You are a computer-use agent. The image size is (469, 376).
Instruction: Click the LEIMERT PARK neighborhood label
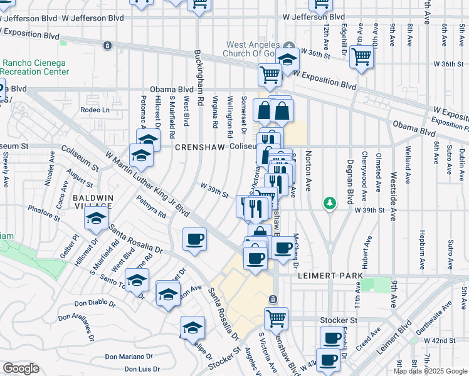point(322,275)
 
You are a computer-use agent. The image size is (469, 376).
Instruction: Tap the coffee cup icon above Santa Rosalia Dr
point(194,239)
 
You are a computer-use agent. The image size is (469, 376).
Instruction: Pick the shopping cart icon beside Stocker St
point(276,318)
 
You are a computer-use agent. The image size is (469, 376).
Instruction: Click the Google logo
point(21,368)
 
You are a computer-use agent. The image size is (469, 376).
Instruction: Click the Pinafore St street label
point(43,213)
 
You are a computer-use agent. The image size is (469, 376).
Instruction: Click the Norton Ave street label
point(308,170)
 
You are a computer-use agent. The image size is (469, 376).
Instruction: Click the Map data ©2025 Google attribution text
point(430,371)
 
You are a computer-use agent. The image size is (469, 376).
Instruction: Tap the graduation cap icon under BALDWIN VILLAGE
point(95,219)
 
